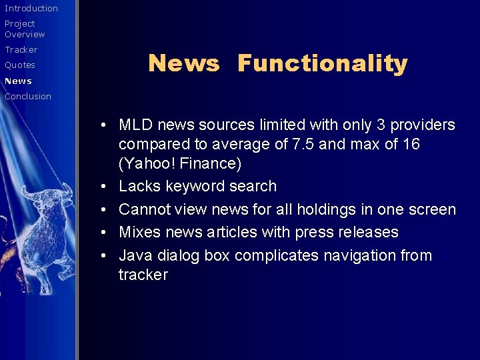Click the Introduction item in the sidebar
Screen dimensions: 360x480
(31, 9)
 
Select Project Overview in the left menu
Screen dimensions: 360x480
(25, 29)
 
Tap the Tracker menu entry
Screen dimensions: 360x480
(21, 50)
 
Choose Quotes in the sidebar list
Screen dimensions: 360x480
(20, 65)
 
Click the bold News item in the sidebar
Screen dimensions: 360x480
(18, 81)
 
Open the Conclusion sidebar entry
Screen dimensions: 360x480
(28, 97)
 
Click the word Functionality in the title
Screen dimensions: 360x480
(322, 63)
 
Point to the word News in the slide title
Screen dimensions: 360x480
(183, 63)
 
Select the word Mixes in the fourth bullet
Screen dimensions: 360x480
(139, 232)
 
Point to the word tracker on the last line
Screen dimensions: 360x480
(143, 275)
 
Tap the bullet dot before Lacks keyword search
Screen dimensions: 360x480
(105, 187)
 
